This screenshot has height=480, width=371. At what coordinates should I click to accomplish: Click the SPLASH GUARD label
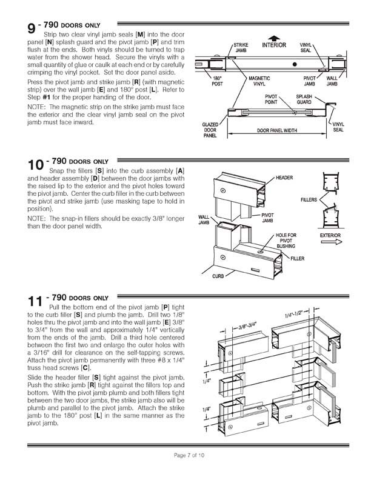pos(304,99)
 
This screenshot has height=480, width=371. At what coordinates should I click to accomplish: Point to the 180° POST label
pos(216,81)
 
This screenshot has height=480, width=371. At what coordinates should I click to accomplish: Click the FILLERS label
pos(310,199)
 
